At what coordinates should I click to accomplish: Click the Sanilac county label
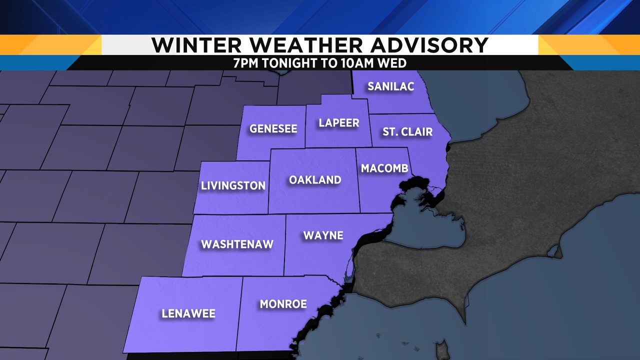pyautogui.click(x=390, y=86)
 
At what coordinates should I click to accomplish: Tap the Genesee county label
pyautogui.click(x=273, y=129)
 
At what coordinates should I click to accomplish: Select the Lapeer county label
pyautogui.click(x=339, y=123)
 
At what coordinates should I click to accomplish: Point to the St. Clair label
pyautogui.click(x=407, y=132)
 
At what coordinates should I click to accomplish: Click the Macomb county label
pyautogui.click(x=385, y=168)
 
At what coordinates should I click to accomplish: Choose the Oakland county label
pyautogui.click(x=315, y=180)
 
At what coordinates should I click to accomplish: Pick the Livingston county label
pyautogui.click(x=233, y=186)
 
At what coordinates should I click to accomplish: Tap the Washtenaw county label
pyautogui.click(x=237, y=244)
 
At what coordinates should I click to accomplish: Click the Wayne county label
pyautogui.click(x=323, y=235)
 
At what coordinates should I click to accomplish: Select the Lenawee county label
pyautogui.click(x=188, y=314)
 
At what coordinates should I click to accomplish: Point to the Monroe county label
pyautogui.click(x=283, y=304)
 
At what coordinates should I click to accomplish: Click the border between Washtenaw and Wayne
pyautogui.click(x=285, y=245)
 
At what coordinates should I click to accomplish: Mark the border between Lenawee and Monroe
pyautogui.click(x=239, y=312)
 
